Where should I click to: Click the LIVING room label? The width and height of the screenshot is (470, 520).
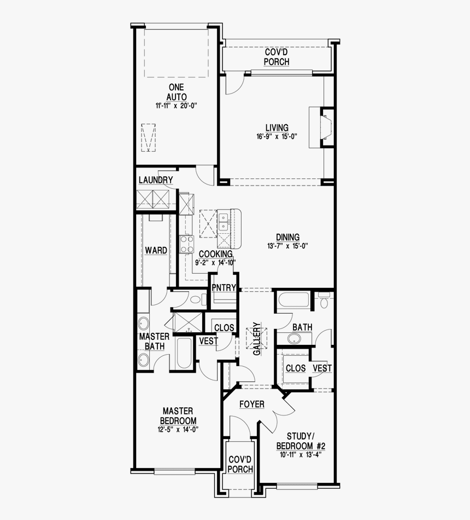click(277, 128)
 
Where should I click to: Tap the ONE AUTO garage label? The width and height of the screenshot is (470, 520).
click(176, 92)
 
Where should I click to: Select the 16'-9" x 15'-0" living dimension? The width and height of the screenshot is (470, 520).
click(277, 137)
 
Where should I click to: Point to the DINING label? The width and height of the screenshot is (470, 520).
click(287, 237)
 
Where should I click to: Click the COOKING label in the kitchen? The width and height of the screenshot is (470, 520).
click(215, 254)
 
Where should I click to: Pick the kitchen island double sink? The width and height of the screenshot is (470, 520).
click(224, 222)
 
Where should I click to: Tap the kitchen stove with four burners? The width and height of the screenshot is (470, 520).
click(187, 244)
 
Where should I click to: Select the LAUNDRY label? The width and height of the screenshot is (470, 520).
click(156, 180)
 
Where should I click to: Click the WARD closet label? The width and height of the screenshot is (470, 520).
click(156, 251)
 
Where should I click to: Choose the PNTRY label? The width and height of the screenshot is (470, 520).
click(224, 288)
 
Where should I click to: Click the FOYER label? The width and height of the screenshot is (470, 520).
click(251, 405)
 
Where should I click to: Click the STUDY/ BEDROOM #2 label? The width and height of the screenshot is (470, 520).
click(299, 441)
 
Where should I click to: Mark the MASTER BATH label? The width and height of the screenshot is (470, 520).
click(154, 341)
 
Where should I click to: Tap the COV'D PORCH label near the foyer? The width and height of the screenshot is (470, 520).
click(240, 464)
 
